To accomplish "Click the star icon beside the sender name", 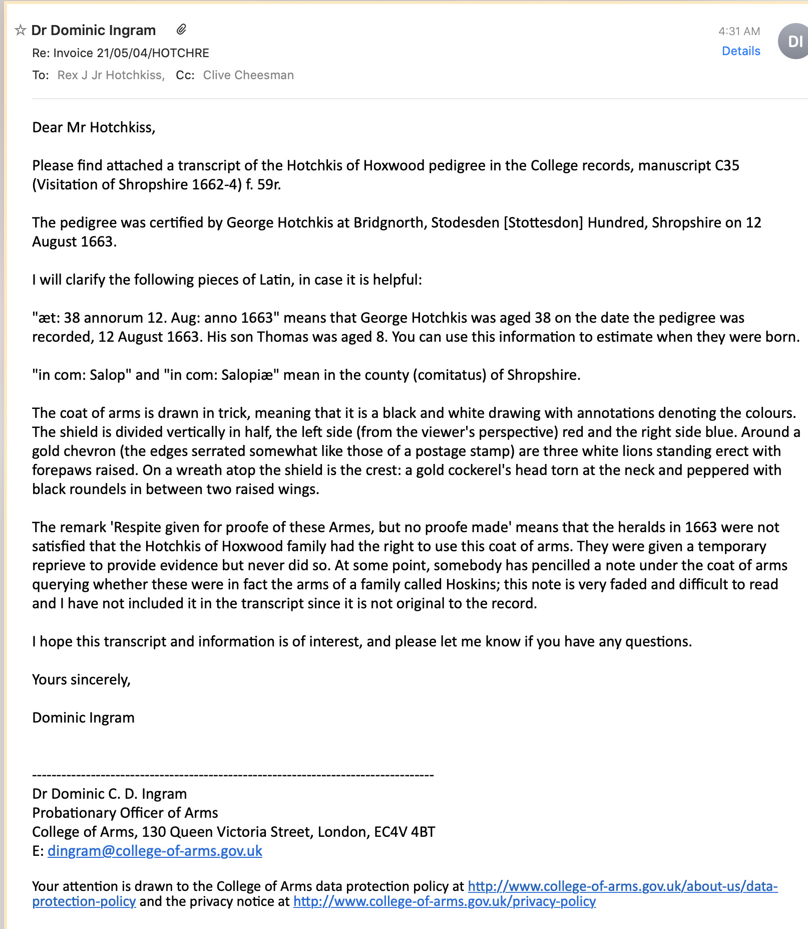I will [x=20, y=31].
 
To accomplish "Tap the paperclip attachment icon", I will [x=181, y=30].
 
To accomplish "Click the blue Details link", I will [x=740, y=51].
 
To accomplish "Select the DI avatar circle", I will [x=794, y=41].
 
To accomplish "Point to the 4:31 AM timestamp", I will [x=739, y=31].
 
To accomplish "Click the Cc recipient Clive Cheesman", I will [x=248, y=75].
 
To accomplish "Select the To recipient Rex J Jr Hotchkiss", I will [x=111, y=75].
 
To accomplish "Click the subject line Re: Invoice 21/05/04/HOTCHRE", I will [x=121, y=53].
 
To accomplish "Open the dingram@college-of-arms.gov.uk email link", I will [x=155, y=851].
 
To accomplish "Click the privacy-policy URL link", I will [x=445, y=901].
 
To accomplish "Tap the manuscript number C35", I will [x=727, y=165].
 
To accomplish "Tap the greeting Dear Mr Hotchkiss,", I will [x=94, y=127].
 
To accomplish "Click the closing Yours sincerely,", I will [x=81, y=679].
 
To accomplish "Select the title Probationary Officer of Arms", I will [x=125, y=813].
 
